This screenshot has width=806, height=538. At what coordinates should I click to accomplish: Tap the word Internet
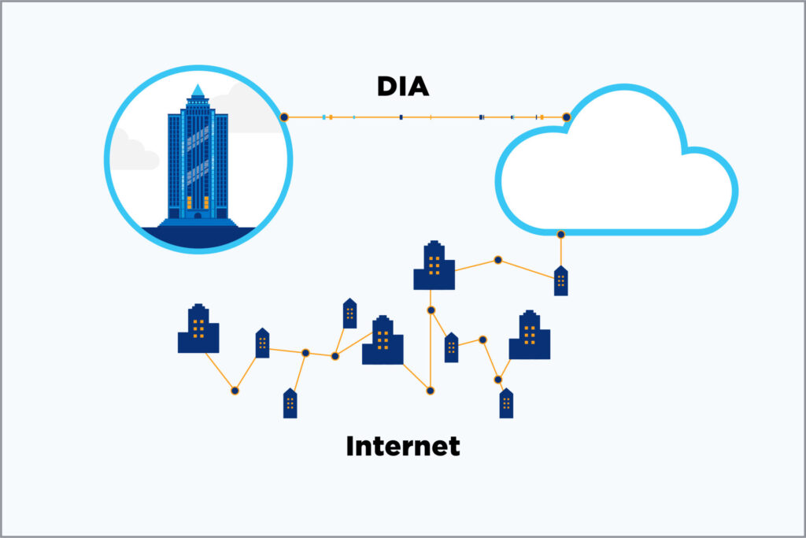click(403, 447)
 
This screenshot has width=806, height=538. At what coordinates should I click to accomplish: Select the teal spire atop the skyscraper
click(198, 90)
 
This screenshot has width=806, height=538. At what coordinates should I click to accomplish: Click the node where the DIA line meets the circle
click(284, 117)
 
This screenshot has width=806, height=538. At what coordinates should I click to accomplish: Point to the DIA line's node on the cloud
click(566, 117)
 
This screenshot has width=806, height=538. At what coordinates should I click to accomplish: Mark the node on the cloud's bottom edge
click(560, 234)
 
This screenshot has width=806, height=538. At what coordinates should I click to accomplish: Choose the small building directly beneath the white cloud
click(560, 281)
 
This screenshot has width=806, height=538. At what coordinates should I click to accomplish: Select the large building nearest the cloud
click(434, 266)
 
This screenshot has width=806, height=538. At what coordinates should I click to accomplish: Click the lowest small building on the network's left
click(290, 403)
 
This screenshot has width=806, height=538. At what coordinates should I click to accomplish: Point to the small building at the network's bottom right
click(506, 403)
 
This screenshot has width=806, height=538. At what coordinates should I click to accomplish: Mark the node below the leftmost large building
click(234, 390)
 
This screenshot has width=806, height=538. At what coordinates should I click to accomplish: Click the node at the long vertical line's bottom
click(430, 389)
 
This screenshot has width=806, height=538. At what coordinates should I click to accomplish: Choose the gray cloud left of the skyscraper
click(132, 154)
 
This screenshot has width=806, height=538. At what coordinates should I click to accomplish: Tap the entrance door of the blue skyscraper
click(198, 214)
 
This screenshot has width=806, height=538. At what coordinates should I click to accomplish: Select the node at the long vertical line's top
click(431, 310)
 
